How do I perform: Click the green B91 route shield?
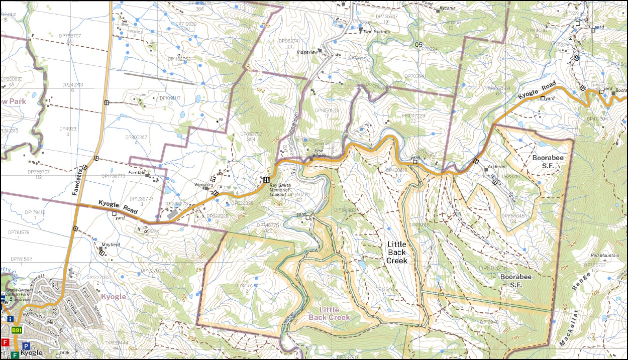[x=17, y=330]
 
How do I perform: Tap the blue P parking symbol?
[x=26, y=346]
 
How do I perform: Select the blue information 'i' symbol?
[x=10, y=318]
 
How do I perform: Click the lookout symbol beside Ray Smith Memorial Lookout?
[x=266, y=180]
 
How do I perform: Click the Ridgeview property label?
[x=307, y=52]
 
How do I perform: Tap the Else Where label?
[x=319, y=153]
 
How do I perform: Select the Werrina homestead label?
[x=202, y=185]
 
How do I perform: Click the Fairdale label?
[x=137, y=172]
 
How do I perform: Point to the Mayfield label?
[x=111, y=244]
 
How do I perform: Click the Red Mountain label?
[x=605, y=255]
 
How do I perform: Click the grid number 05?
[x=418, y=45]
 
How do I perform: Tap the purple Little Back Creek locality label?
[x=330, y=314]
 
